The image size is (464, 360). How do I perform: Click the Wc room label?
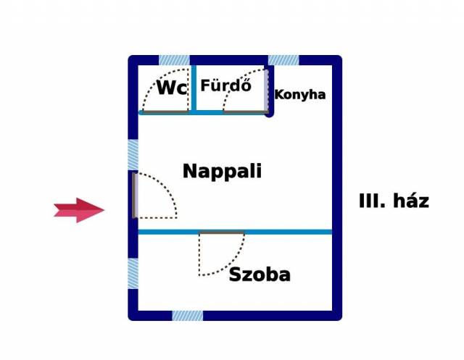[x=172, y=88]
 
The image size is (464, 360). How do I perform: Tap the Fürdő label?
[x=226, y=85]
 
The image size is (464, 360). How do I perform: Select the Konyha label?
[x=300, y=95]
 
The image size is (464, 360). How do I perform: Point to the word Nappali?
[x=223, y=172]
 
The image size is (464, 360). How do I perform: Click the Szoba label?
[x=260, y=275]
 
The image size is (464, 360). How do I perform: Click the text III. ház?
[x=394, y=201]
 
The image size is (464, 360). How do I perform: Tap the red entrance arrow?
[x=79, y=210]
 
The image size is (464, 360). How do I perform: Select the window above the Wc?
[x=174, y=60]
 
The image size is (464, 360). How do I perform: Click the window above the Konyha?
[x=283, y=60]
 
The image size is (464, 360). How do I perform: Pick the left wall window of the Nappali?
[x=133, y=155]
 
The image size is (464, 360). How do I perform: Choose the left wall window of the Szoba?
[x=133, y=273]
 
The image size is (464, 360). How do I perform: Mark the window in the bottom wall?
[x=188, y=316]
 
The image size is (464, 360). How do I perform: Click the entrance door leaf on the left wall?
[x=135, y=196]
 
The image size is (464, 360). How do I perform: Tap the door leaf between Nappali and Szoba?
[x=222, y=233]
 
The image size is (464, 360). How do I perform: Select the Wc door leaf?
[x=165, y=112]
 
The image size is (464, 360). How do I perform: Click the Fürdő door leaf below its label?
[x=246, y=112]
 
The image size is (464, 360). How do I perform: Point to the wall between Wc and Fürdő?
[x=194, y=88]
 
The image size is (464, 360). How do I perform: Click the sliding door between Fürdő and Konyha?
[x=267, y=90]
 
